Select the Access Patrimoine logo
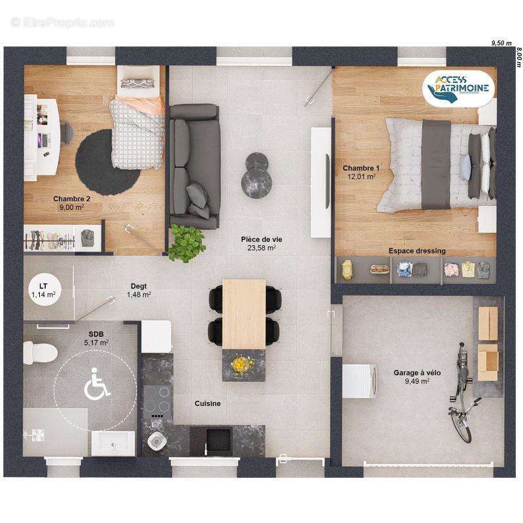tap(458, 88)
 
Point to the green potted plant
tap(186, 242)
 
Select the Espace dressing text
tap(417, 250)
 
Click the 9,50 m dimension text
tap(501, 42)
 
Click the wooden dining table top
tap(244, 312)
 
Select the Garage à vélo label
tap(416, 373)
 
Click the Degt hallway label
tap(138, 286)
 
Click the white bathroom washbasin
tap(113, 443)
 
